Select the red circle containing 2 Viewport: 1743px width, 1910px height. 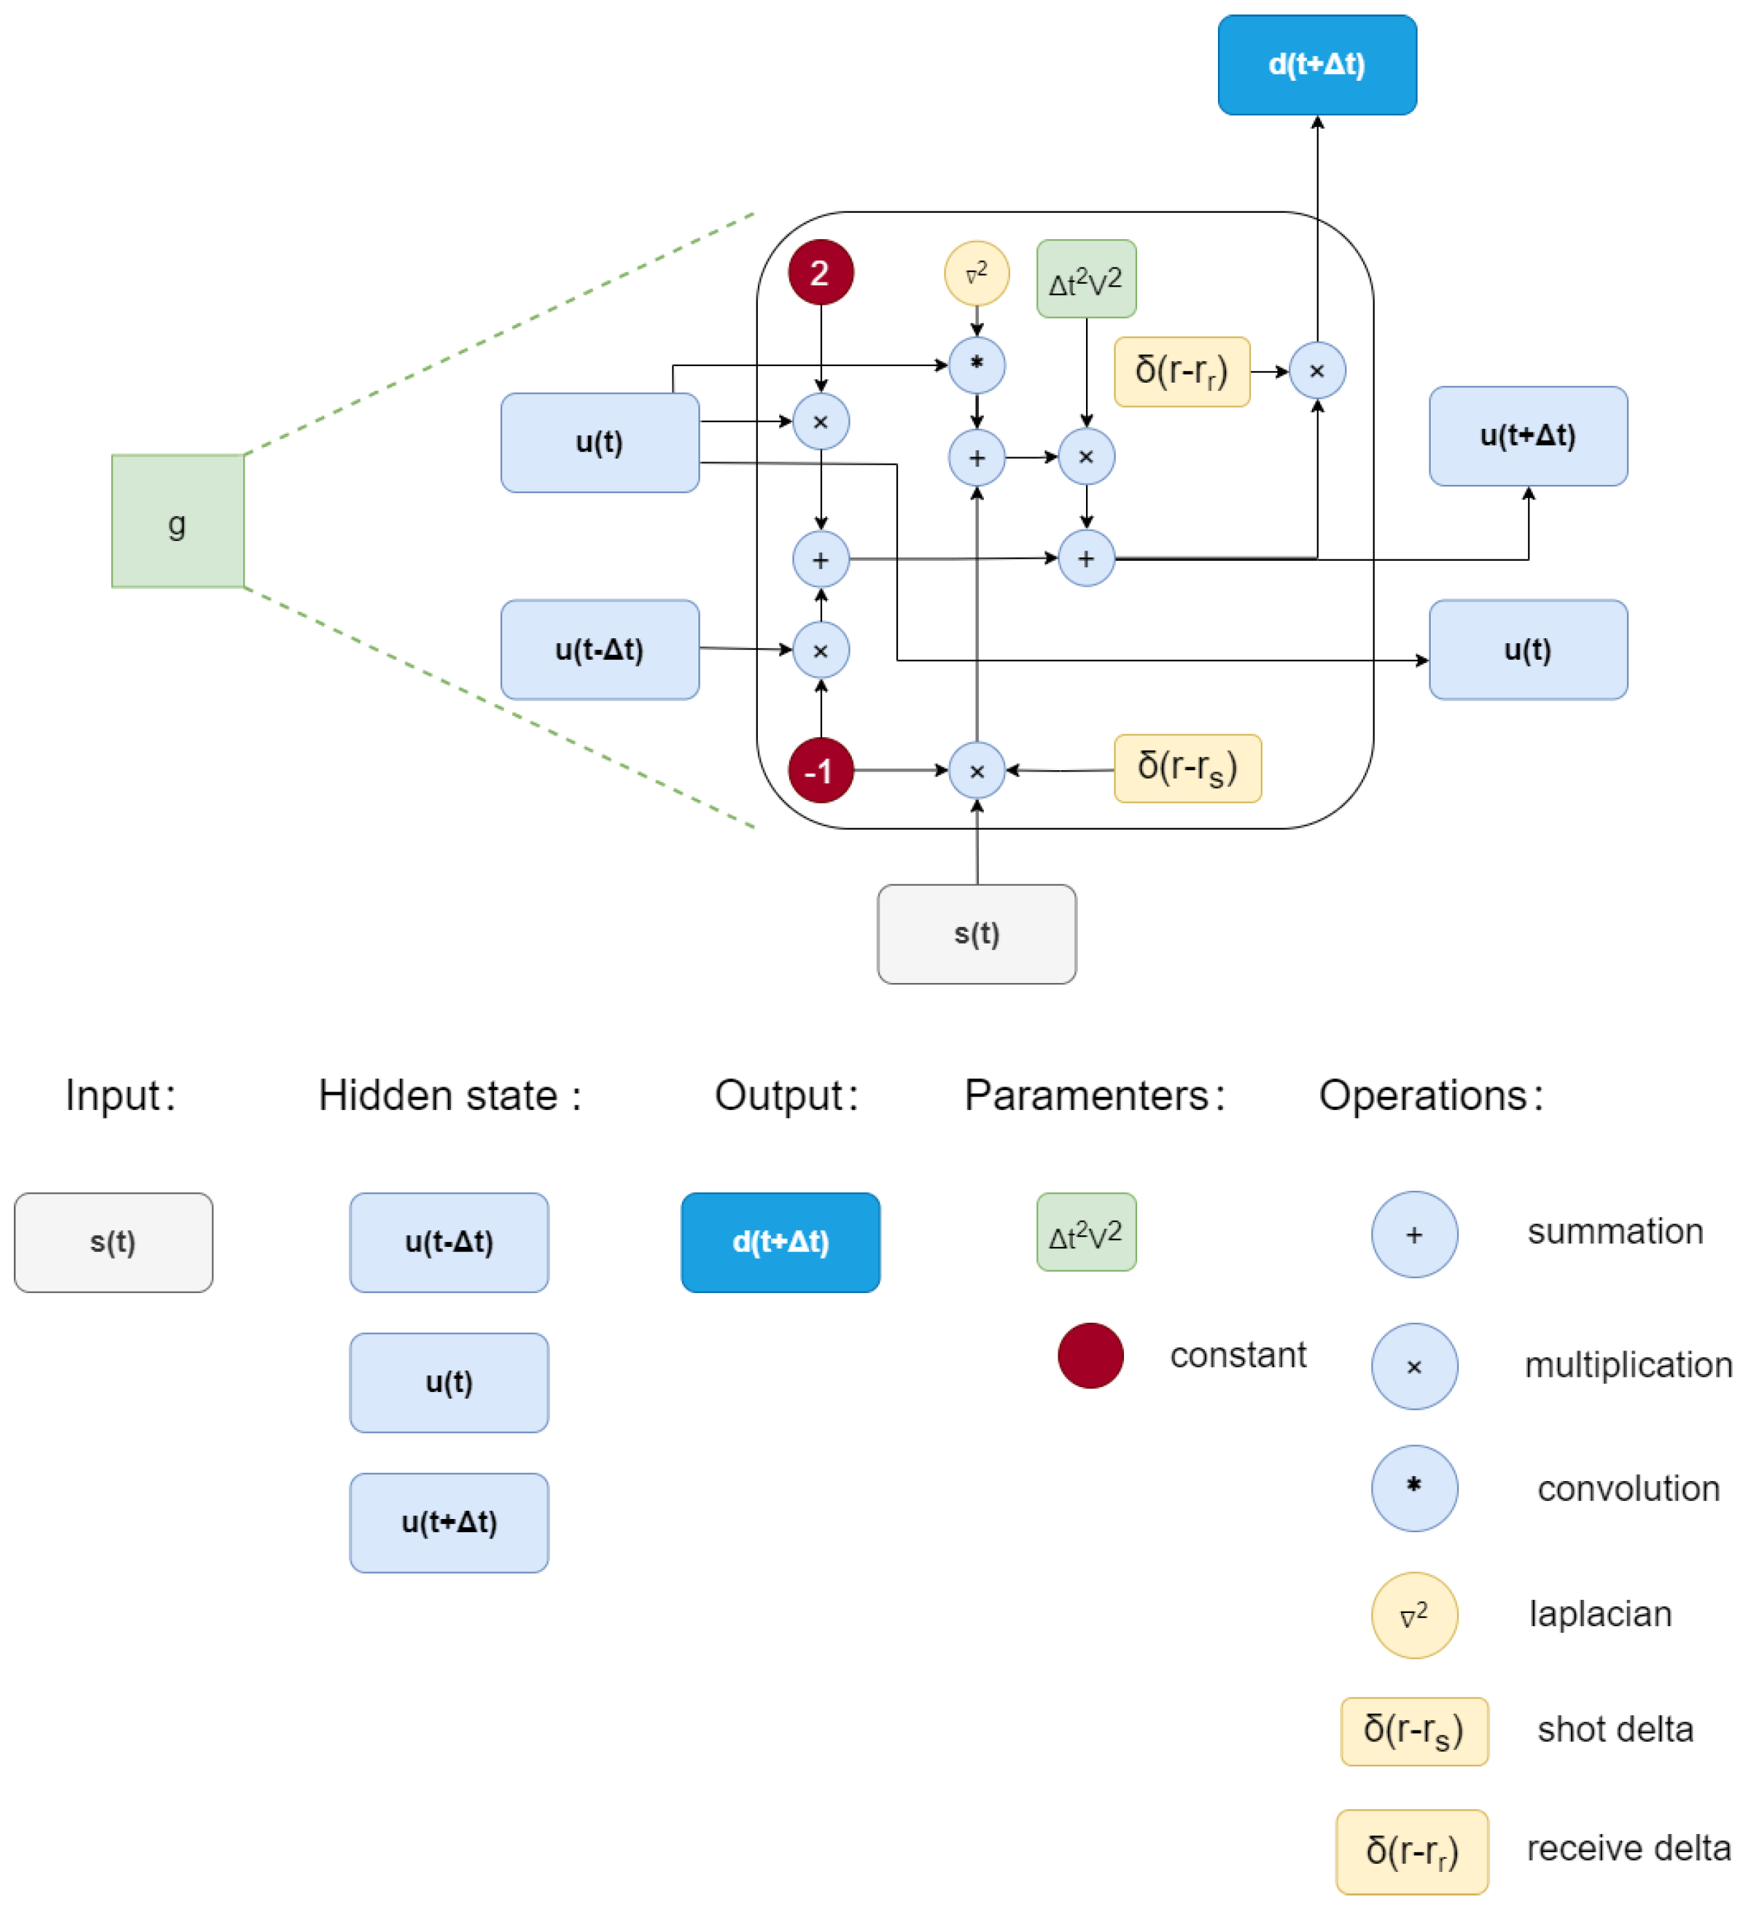(820, 273)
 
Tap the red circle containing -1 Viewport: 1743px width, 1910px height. (820, 770)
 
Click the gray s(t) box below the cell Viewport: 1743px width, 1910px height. (977, 934)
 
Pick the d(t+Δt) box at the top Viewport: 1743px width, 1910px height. (1317, 64)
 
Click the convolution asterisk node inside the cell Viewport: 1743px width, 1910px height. (977, 365)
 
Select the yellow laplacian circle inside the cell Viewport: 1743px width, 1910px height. (977, 274)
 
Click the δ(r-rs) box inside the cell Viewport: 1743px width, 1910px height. (1187, 768)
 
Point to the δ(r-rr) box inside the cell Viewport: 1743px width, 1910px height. (1181, 372)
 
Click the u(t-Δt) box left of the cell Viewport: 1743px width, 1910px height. (600, 650)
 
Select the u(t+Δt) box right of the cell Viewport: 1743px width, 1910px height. (1528, 436)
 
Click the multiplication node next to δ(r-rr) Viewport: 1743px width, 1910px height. (1317, 370)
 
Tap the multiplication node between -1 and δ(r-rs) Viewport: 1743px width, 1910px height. (977, 770)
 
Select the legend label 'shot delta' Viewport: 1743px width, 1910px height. (1615, 1730)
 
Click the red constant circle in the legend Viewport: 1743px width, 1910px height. (1090, 1356)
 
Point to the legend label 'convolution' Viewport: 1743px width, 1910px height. (1628, 1489)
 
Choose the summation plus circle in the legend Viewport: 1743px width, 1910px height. (1414, 1234)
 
